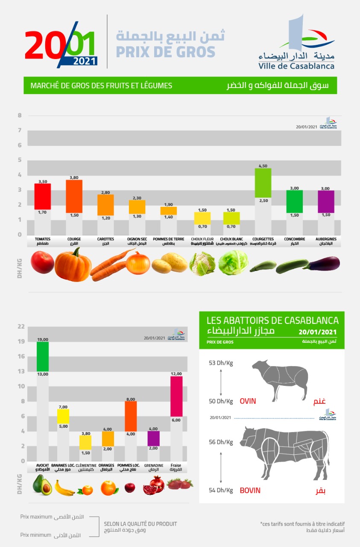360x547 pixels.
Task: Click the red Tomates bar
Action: click(x=43, y=197)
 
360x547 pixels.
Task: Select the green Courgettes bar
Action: click(x=263, y=183)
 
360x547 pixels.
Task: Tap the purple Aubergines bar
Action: click(x=326, y=202)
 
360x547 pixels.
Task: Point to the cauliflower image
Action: click(x=202, y=264)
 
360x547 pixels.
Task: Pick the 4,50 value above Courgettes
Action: click(x=263, y=166)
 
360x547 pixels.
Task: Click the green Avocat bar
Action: click(x=43, y=356)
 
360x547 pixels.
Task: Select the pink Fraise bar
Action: click(x=176, y=396)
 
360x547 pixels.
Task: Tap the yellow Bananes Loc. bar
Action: click(x=63, y=416)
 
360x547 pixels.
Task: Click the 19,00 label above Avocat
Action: click(x=43, y=339)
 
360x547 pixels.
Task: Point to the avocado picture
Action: click(x=42, y=486)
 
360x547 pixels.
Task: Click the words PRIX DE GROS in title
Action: click(x=166, y=52)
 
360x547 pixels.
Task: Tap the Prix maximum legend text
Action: click(x=36, y=517)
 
